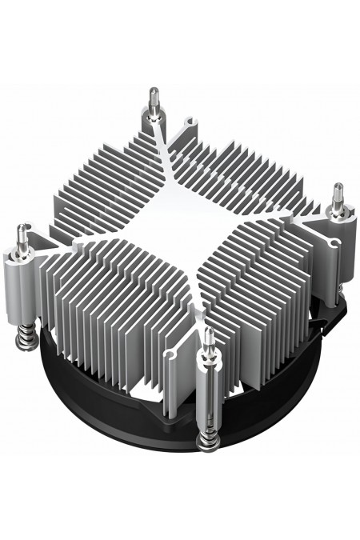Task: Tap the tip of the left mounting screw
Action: click(x=20, y=230)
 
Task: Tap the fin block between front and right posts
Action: click(x=256, y=272)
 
